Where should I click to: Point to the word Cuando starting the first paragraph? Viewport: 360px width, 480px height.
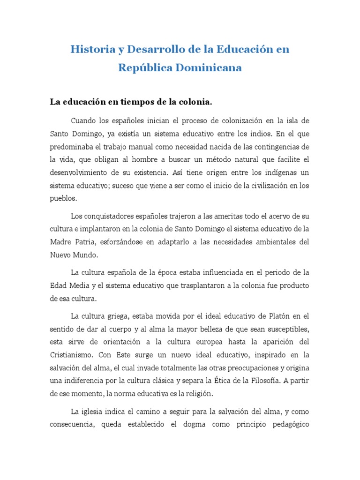pos(83,121)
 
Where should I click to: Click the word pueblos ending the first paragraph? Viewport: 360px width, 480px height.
pos(63,199)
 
